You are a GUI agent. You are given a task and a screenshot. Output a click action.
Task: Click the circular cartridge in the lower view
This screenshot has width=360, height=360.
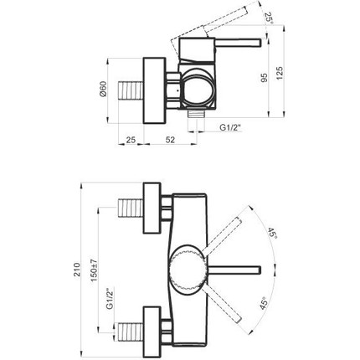tap(187, 269)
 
